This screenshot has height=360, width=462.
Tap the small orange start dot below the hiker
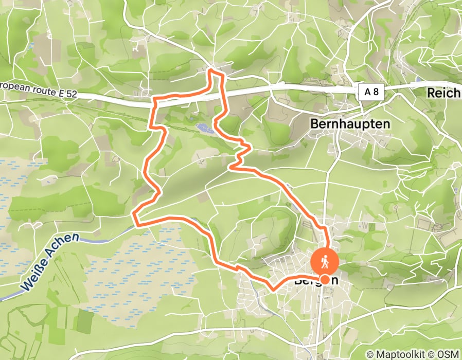pos(325,279)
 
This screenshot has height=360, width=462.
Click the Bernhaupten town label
pos(350,124)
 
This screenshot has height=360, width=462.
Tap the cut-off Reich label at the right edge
pos(443,93)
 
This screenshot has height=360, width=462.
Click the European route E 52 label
pos(38,89)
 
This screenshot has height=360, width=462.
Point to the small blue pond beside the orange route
pos(204,128)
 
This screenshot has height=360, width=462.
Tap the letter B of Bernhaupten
pos(315,124)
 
